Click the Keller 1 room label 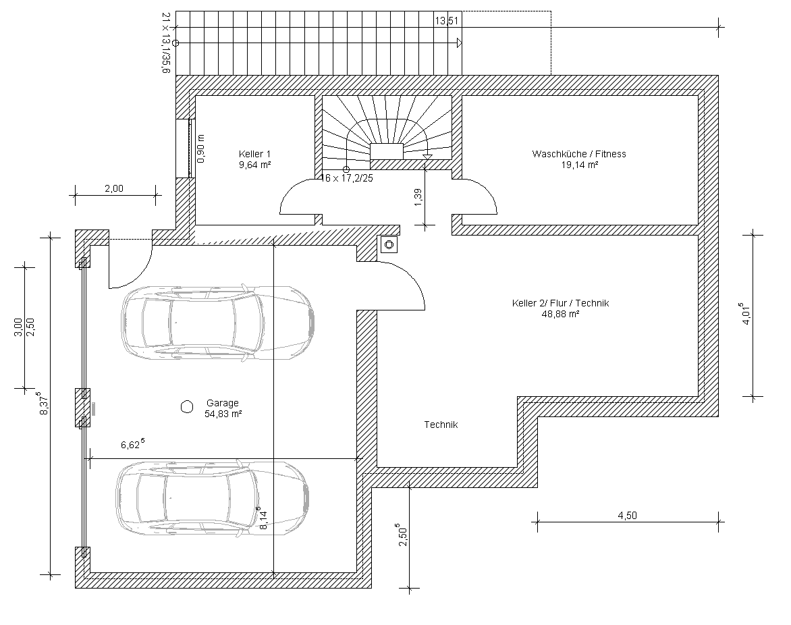254,154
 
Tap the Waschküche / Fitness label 579,154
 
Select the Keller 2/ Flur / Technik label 560,303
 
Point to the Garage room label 223,403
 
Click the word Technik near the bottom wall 441,425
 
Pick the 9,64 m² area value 254,165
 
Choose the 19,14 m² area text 580,165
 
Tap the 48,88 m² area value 560,314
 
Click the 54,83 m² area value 223,414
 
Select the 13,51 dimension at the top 447,21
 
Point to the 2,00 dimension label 114,189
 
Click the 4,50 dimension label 627,516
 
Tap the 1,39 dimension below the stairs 418,198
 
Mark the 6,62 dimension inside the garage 132,444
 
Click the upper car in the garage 218,323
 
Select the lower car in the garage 213,497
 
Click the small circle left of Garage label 187,406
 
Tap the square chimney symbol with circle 389,244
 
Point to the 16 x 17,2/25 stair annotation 347,178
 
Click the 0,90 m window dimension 200,148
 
